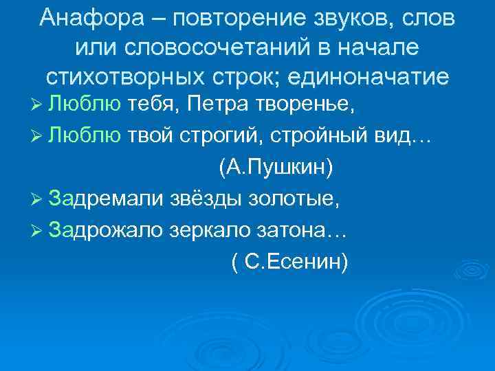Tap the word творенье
coord(302,106)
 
